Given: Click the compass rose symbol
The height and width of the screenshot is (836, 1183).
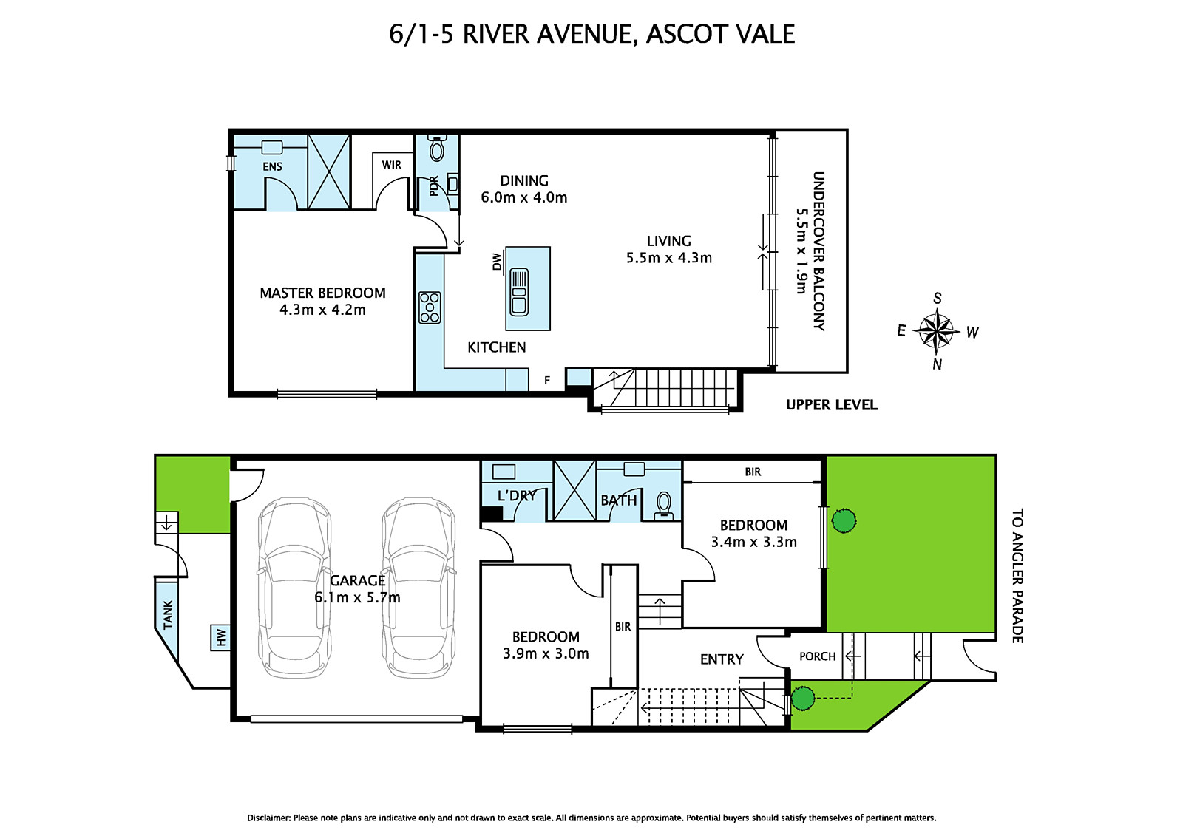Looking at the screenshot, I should [x=936, y=330].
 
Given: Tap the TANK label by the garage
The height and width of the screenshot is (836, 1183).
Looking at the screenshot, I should [x=168, y=614].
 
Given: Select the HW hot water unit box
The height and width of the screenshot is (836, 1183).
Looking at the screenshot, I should [x=220, y=636].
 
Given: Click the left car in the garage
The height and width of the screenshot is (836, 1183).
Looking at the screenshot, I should [x=294, y=588].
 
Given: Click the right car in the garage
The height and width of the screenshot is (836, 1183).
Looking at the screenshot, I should [x=418, y=588].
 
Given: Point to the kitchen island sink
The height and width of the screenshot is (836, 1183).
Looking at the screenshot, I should [x=520, y=292].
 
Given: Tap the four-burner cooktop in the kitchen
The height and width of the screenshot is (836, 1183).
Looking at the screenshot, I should [x=430, y=307].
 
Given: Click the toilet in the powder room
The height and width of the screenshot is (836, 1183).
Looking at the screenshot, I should [x=437, y=149].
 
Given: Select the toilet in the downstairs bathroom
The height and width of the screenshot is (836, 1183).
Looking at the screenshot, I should [x=664, y=505].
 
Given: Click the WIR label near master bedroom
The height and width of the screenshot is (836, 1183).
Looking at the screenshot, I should [x=392, y=165].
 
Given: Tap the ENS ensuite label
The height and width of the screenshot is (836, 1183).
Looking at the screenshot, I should [x=272, y=166].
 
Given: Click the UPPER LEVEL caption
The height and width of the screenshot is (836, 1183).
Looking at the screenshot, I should [x=831, y=405].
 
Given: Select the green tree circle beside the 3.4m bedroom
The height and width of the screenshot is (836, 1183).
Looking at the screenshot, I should [x=844, y=520].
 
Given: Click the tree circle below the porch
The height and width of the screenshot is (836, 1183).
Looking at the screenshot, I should [x=803, y=698].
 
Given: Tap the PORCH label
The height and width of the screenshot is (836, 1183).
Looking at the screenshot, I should [x=817, y=656].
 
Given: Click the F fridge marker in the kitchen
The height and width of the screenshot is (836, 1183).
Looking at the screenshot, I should [x=547, y=381].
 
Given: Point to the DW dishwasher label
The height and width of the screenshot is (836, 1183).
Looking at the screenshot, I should [x=497, y=262].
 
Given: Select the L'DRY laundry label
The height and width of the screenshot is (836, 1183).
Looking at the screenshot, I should [x=516, y=496].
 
